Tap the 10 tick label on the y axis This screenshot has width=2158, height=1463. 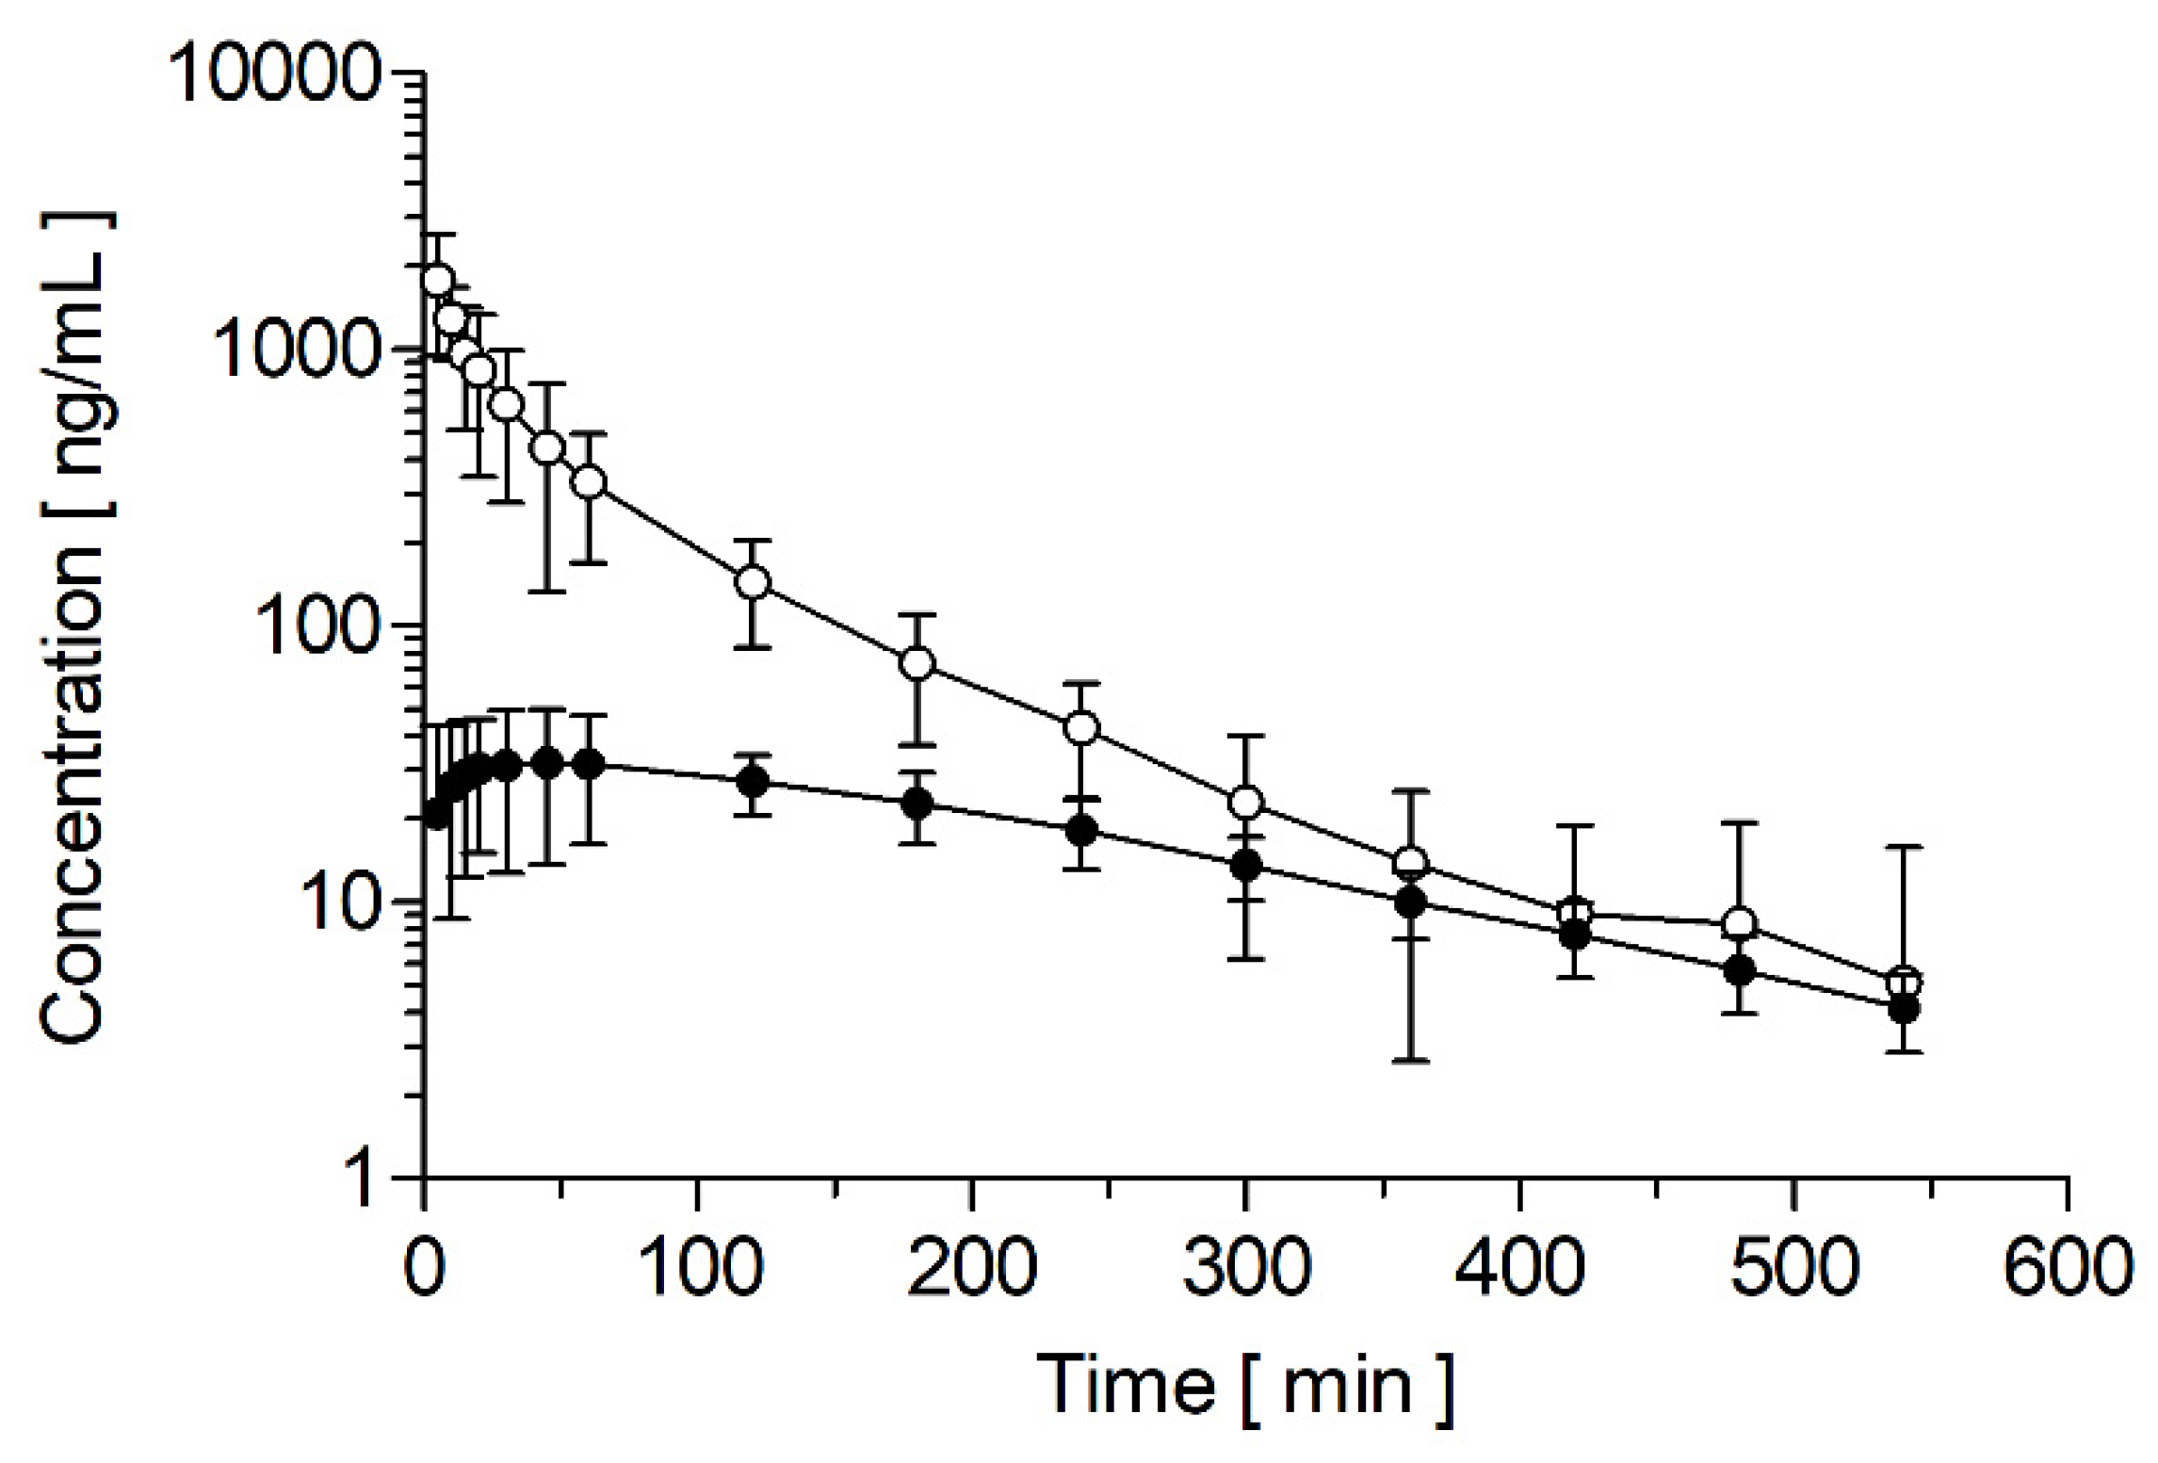[x=334, y=902]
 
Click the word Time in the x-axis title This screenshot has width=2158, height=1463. [x=1126, y=1386]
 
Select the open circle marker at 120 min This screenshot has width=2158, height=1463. [x=753, y=581]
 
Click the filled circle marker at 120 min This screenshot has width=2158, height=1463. [x=753, y=781]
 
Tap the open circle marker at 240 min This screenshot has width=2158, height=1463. [x=1081, y=727]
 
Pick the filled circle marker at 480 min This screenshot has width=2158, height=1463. [x=1739, y=970]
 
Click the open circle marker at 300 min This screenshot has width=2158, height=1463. [x=1246, y=803]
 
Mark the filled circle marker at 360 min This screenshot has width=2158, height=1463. [x=1410, y=902]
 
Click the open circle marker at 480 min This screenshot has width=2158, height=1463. [x=1739, y=923]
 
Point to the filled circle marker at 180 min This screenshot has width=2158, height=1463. [x=917, y=804]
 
